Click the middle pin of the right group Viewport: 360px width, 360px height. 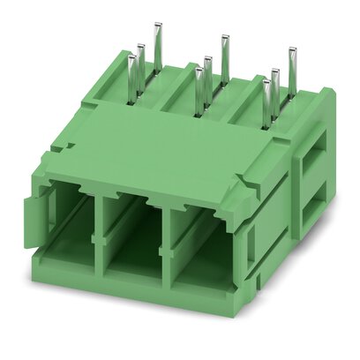point(276,86)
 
